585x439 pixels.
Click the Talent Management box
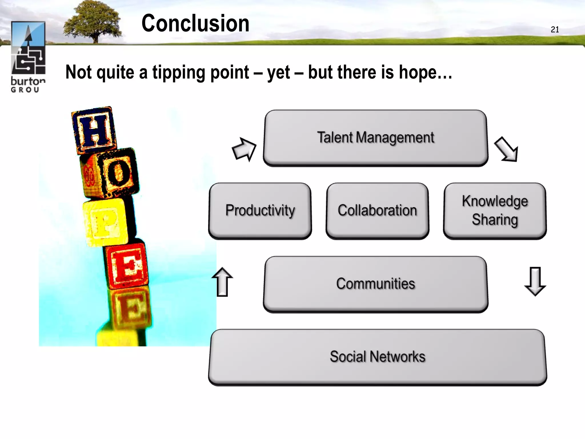[375, 138]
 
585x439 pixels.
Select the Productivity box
[260, 211]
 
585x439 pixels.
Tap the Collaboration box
[377, 211]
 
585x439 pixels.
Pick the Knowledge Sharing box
[495, 211]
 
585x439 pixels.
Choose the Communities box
[375, 284]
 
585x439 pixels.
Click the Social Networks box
[377, 357]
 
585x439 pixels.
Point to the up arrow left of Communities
[222, 282]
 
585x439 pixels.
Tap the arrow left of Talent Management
[244, 149]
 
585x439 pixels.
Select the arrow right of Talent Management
[506, 149]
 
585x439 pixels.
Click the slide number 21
[555, 29]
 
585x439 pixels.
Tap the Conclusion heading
[195, 23]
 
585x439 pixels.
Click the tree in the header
[93, 21]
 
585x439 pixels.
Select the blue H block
[94, 130]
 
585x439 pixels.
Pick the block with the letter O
[117, 173]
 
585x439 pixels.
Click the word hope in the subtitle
[418, 72]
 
